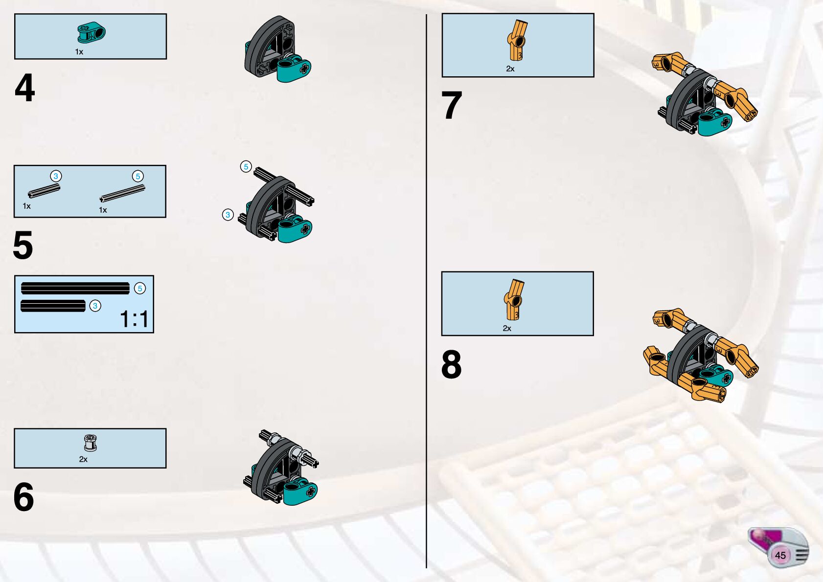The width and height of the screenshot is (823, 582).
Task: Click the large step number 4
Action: coord(25,88)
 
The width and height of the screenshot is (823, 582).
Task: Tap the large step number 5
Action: coord(23,245)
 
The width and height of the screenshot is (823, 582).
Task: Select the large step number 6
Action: coord(23,497)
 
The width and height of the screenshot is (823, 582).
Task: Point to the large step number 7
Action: coord(452,105)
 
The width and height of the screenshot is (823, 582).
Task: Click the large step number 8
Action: coord(451,364)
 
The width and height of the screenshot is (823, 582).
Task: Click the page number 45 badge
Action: coord(780,555)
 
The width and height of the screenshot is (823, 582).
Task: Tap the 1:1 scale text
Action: coord(134,319)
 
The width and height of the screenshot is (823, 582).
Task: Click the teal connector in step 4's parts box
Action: coord(91,32)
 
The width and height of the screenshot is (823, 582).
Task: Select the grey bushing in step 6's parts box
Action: coord(90,443)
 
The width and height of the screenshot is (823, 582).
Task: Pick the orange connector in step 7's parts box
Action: coord(517,40)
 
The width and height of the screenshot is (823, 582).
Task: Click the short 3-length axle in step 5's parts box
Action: coord(44,191)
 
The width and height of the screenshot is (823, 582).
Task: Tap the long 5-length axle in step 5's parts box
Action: coord(122,193)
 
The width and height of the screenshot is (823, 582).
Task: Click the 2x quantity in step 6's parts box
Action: coord(83,459)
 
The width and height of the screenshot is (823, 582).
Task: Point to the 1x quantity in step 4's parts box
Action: coord(79,52)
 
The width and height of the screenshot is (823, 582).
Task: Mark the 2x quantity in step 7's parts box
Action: coord(510,69)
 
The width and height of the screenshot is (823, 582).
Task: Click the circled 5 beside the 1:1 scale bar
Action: coord(140,289)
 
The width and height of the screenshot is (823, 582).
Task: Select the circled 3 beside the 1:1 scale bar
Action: coord(95,306)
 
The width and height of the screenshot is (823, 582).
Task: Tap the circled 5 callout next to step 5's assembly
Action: coord(246,167)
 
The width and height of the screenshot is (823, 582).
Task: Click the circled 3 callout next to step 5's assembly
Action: coord(228,215)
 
